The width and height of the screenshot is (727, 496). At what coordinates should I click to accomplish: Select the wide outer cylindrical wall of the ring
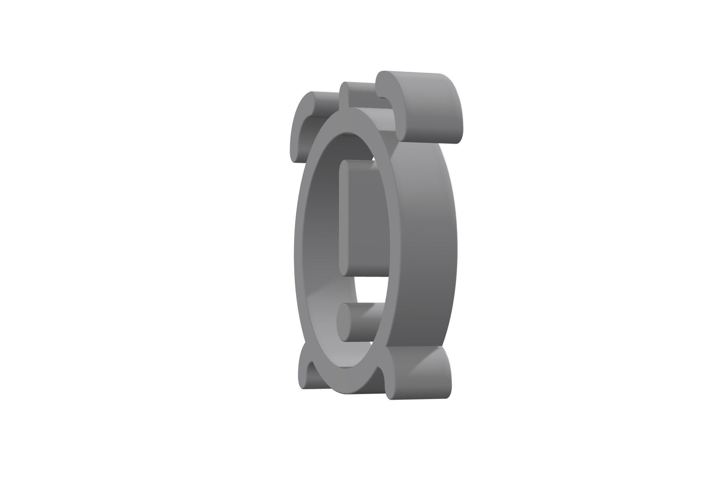426,248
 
